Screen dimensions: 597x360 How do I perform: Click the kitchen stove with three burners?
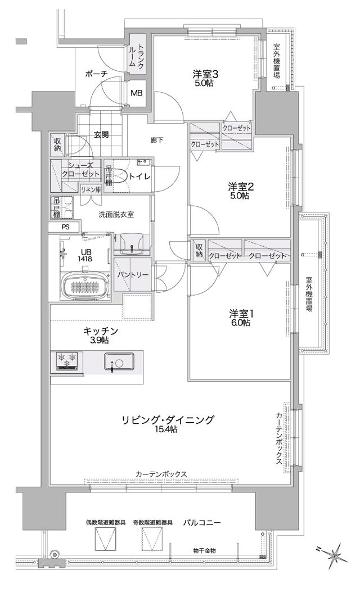(67, 361)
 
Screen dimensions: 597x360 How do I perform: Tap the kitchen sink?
(118, 362)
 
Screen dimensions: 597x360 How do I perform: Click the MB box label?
(137, 93)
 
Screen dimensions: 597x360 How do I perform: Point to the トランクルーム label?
(137, 56)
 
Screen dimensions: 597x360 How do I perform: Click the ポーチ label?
(97, 74)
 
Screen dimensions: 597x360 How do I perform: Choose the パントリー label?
(132, 275)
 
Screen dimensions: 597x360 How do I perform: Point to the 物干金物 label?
(204, 550)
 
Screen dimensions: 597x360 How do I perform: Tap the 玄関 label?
(101, 134)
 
